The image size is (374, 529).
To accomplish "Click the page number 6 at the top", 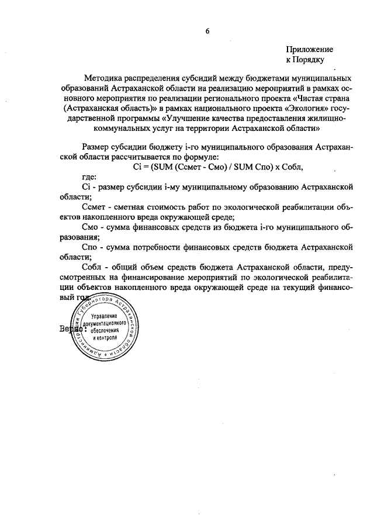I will point(207,32).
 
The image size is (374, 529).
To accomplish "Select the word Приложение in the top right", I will point(310,50).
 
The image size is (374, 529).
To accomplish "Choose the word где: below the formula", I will point(91,177).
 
